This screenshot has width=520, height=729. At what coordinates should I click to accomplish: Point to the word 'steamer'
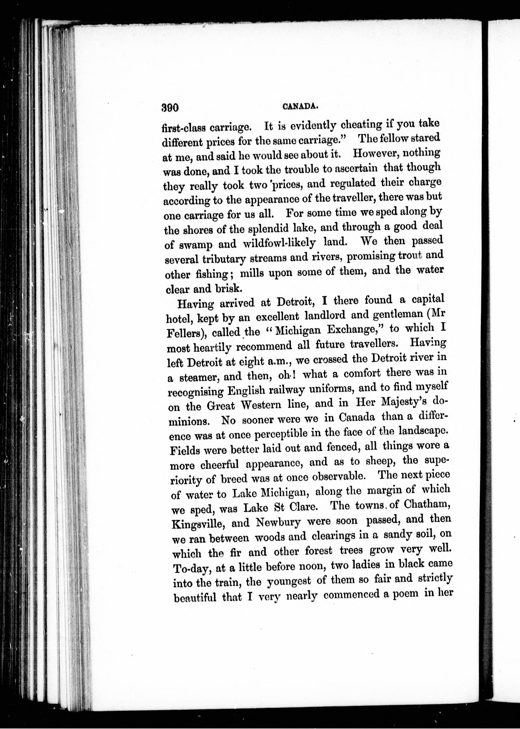[198, 377]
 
